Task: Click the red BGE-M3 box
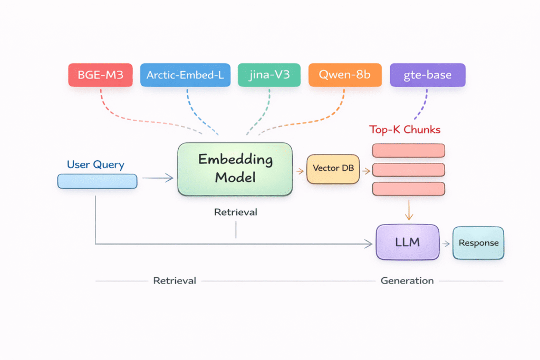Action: coord(100,75)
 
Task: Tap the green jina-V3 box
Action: coord(269,75)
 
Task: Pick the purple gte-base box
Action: coord(428,75)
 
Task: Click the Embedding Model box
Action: coord(235,169)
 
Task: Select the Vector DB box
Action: coord(333,169)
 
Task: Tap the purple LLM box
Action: coord(407,242)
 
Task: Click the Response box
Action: coord(478,243)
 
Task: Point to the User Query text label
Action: coord(95,164)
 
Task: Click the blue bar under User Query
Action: coord(97,181)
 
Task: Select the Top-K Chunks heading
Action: coord(404,130)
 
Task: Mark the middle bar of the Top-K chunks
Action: coord(409,170)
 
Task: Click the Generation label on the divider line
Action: coord(407,281)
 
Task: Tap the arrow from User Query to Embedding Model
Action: coord(158,178)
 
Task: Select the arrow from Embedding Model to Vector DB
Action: coord(299,171)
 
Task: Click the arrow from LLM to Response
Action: coord(446,243)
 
